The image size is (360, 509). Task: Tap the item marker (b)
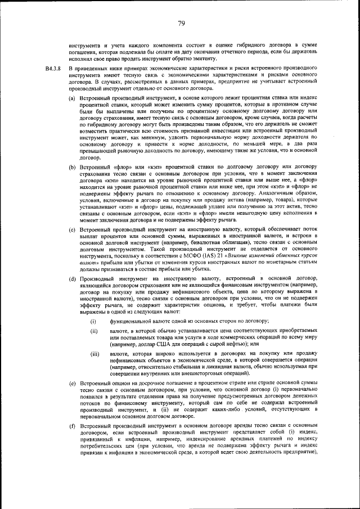(x=72, y=168)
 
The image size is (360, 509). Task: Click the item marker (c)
(x=72, y=229)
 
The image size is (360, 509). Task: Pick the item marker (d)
(x=72, y=279)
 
